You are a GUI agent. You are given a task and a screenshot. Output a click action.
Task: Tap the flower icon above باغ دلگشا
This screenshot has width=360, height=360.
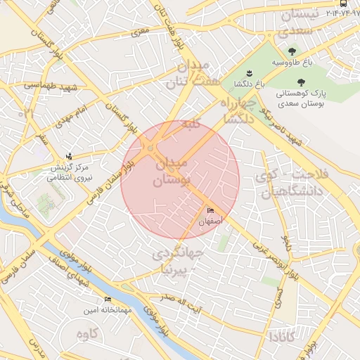pyautogui.click(x=247, y=73)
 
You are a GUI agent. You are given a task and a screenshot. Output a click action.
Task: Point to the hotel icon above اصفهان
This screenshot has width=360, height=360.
pyautogui.click(x=211, y=211)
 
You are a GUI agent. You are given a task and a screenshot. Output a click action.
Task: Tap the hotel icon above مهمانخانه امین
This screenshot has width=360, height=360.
pyautogui.click(x=107, y=299)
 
